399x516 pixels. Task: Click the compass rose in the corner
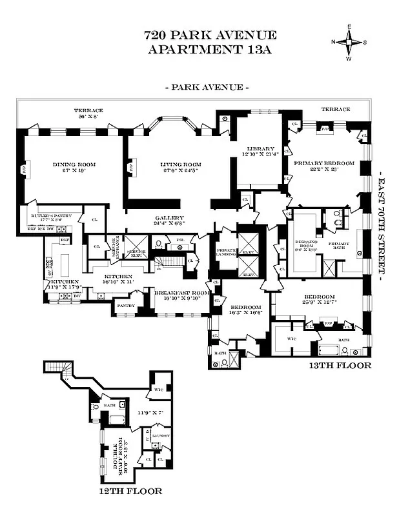click(x=349, y=42)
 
